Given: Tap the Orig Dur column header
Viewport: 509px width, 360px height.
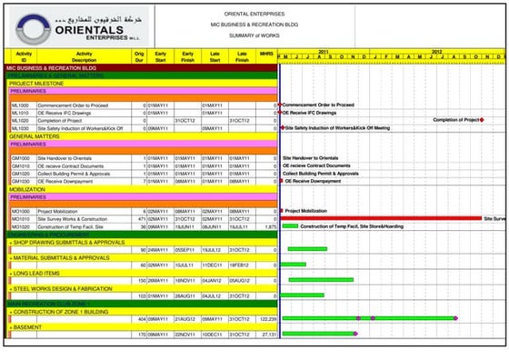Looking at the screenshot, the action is (x=138, y=57).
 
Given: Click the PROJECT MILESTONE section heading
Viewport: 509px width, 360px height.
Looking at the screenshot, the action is (x=34, y=84).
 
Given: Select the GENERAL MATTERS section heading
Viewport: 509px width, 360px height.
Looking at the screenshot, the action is (x=35, y=136).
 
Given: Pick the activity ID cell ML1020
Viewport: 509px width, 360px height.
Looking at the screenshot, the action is (x=20, y=120).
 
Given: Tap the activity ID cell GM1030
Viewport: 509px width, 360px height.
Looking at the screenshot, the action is (x=21, y=181).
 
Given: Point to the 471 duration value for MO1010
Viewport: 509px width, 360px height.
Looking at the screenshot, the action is (x=141, y=219).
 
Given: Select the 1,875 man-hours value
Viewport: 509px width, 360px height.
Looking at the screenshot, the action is (x=268, y=226).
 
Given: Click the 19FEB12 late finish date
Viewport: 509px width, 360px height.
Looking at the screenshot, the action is (x=239, y=265).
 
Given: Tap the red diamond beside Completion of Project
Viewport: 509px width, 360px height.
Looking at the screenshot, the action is (x=482, y=120).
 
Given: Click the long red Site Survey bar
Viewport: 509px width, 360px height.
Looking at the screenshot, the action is (x=382, y=218).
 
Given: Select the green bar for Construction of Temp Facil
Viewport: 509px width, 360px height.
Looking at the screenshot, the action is (x=290, y=226).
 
